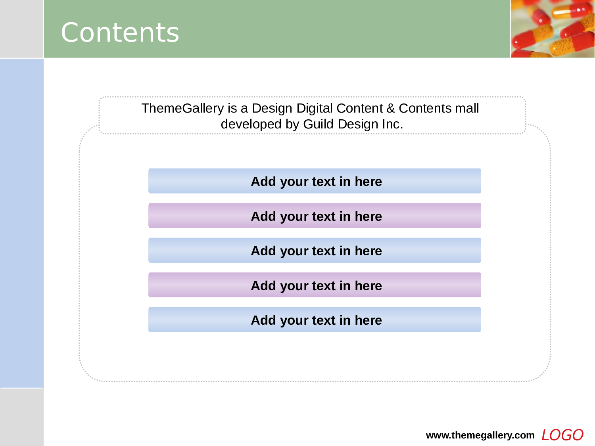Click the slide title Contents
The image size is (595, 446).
coord(120,33)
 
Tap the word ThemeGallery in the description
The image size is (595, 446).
coord(183,109)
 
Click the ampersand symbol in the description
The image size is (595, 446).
coord(391,108)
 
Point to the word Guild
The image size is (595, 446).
coord(319,124)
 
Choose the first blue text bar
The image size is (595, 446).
coord(315,181)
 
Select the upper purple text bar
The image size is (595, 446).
coord(315,216)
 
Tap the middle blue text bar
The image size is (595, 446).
coord(315,250)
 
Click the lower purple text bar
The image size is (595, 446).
coord(315,285)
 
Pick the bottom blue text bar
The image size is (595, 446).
coord(315,320)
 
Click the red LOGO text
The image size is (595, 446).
coord(562,435)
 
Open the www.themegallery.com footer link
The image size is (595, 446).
coord(480,435)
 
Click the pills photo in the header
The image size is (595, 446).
coord(553,29)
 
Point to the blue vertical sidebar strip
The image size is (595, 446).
coord(22,223)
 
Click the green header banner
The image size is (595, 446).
coord(277,29)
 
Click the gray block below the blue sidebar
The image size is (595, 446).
coord(22,417)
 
